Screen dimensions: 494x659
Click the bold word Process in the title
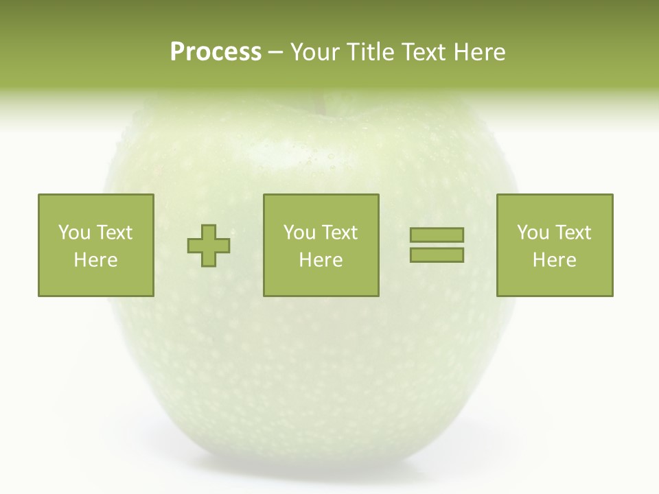[216, 51]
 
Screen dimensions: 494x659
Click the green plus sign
[209, 245]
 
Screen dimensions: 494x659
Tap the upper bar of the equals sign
[437, 235]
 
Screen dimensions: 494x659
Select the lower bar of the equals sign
[437, 255]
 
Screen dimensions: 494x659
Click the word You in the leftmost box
[74, 233]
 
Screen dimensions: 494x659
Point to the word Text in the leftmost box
[114, 233]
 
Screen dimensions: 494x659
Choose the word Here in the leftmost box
[95, 260]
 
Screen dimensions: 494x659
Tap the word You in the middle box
[299, 233]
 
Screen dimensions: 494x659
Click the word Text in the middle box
[339, 233]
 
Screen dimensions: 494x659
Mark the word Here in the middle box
[321, 260]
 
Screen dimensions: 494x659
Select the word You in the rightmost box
[533, 233]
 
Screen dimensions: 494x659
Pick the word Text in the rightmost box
[573, 233]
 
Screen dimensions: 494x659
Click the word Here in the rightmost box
[554, 260]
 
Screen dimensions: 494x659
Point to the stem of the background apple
[319, 103]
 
